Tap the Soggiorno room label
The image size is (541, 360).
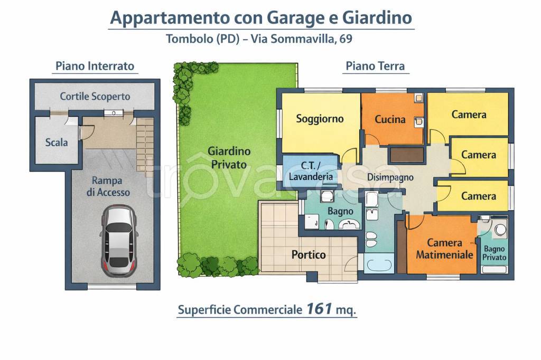click(320, 118)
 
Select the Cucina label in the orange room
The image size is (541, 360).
click(390, 119)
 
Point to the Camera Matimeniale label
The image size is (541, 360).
click(444, 249)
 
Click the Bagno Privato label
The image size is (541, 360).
click(494, 253)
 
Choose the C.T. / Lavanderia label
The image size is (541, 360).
click(311, 170)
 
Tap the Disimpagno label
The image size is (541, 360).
click(390, 177)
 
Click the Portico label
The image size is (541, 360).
click(309, 254)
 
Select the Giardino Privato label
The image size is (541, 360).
click(229, 158)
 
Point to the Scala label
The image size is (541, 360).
click(57, 142)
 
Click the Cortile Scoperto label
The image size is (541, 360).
click(95, 97)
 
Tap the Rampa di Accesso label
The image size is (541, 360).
click(108, 186)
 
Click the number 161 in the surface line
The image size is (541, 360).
click(318, 309)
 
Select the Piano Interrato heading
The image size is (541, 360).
click(95, 67)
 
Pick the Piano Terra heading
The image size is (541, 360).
click(375, 66)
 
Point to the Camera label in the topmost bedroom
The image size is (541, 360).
click(469, 115)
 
